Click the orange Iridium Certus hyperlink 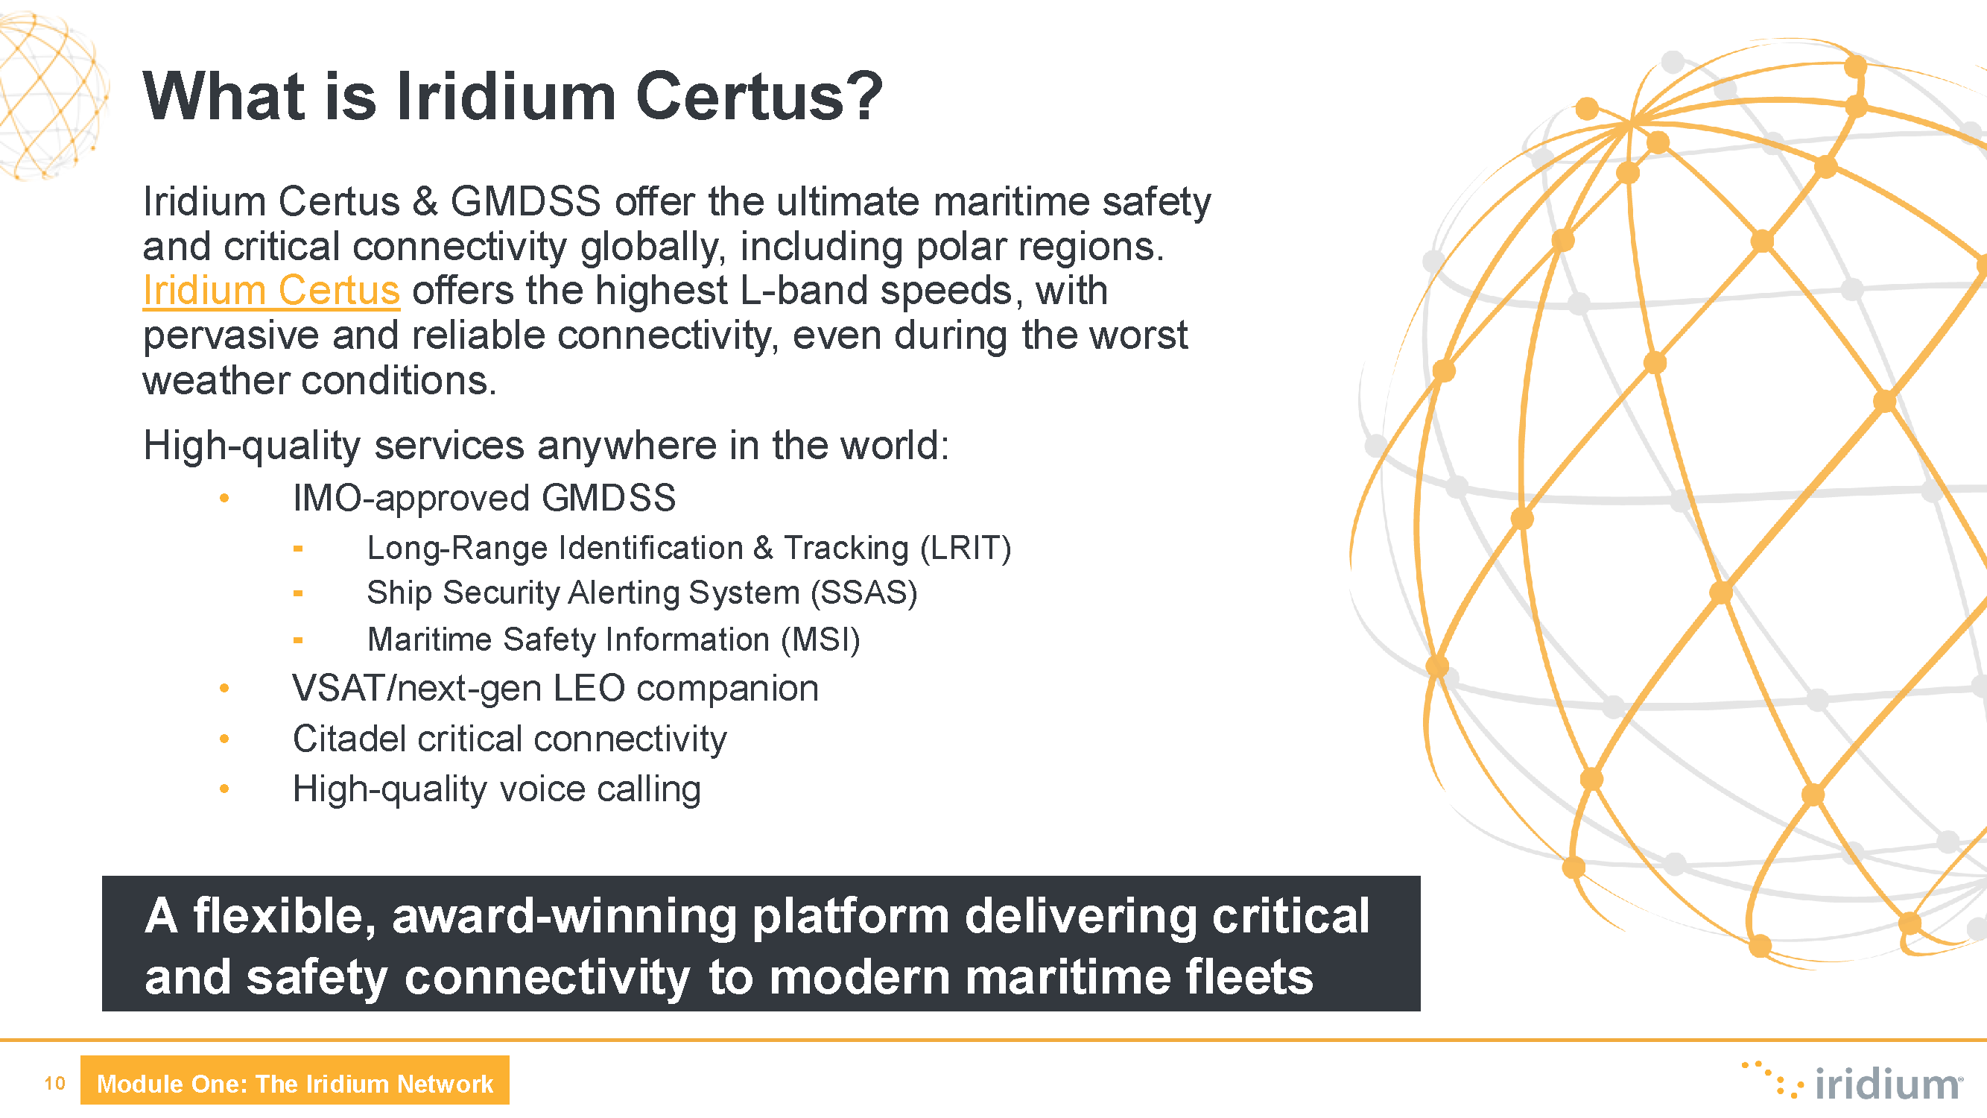click(x=271, y=291)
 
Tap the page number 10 click(x=55, y=1083)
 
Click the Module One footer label click(x=294, y=1083)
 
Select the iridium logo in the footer click(x=1851, y=1080)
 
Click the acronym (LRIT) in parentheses click(x=965, y=548)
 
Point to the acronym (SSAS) click(x=864, y=593)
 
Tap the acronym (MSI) click(x=820, y=639)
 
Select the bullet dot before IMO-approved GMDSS click(x=224, y=499)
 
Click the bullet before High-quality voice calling click(x=224, y=789)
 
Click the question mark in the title click(x=868, y=95)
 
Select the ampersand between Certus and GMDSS click(x=425, y=202)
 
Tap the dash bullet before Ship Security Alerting click(x=298, y=593)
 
